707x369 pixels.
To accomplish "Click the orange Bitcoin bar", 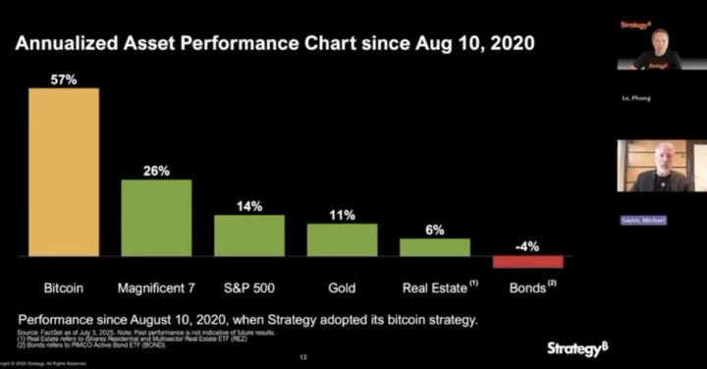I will (x=64, y=172).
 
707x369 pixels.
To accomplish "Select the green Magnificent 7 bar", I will (x=156, y=217).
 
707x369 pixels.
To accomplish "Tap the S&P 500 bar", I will (x=249, y=236).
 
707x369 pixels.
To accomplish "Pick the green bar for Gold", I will (x=342, y=239).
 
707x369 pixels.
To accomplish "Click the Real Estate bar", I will (x=435, y=247).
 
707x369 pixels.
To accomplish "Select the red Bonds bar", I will (x=527, y=262).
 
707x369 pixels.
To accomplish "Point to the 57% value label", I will (x=64, y=79).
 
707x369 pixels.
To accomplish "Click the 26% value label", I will (x=156, y=170).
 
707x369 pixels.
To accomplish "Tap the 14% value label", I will (x=249, y=206).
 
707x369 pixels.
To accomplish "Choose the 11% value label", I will (x=342, y=215).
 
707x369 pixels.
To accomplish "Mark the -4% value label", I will (x=527, y=247).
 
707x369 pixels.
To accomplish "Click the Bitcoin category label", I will (x=64, y=290).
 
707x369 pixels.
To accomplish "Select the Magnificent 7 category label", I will (x=156, y=290).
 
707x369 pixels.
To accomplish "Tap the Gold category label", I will (x=342, y=290).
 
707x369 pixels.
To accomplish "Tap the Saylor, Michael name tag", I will (x=642, y=221).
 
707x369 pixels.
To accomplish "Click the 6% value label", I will (x=435, y=230).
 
